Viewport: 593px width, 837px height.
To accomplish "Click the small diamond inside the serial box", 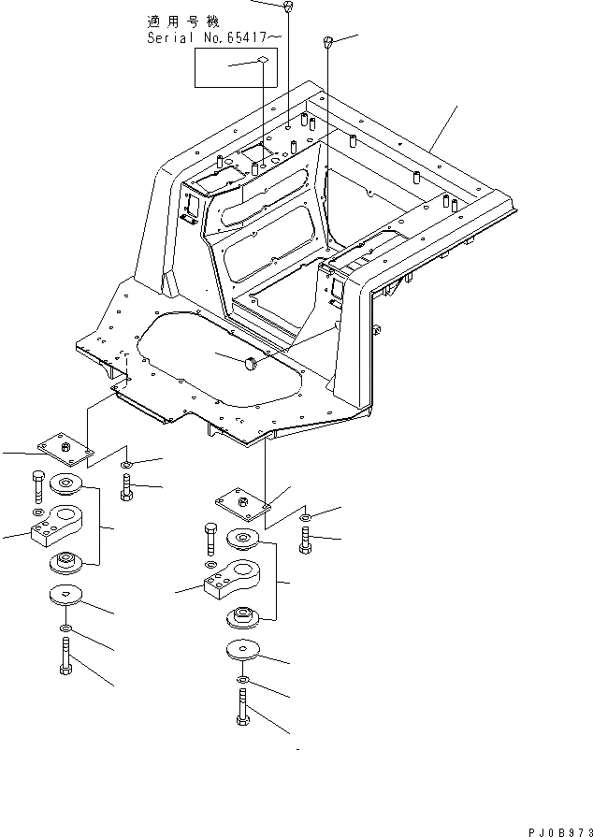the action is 263,61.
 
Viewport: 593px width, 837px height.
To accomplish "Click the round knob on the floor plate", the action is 253,363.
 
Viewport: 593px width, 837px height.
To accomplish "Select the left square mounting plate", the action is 65,448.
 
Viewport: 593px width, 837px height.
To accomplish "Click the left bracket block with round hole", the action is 62,524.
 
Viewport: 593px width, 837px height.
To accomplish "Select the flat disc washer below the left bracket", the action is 65,596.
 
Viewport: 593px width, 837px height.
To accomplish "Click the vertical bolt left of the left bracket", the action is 36,486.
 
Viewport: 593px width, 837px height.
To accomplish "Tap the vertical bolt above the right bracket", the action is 210,541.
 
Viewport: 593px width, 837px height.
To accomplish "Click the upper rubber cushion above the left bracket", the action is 66,483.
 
